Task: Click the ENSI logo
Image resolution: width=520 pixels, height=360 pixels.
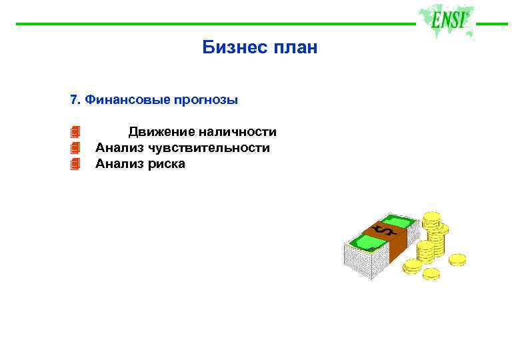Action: (447, 21)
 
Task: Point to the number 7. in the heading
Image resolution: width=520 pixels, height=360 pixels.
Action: (75, 100)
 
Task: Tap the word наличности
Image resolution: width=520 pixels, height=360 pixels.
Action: (237, 132)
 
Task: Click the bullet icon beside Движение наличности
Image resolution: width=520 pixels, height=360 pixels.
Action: (75, 131)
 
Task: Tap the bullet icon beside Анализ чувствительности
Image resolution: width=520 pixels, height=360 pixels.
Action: (75, 147)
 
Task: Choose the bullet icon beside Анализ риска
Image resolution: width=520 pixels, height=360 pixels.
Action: (75, 163)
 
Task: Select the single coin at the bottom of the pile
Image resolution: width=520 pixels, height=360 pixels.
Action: (431, 273)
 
